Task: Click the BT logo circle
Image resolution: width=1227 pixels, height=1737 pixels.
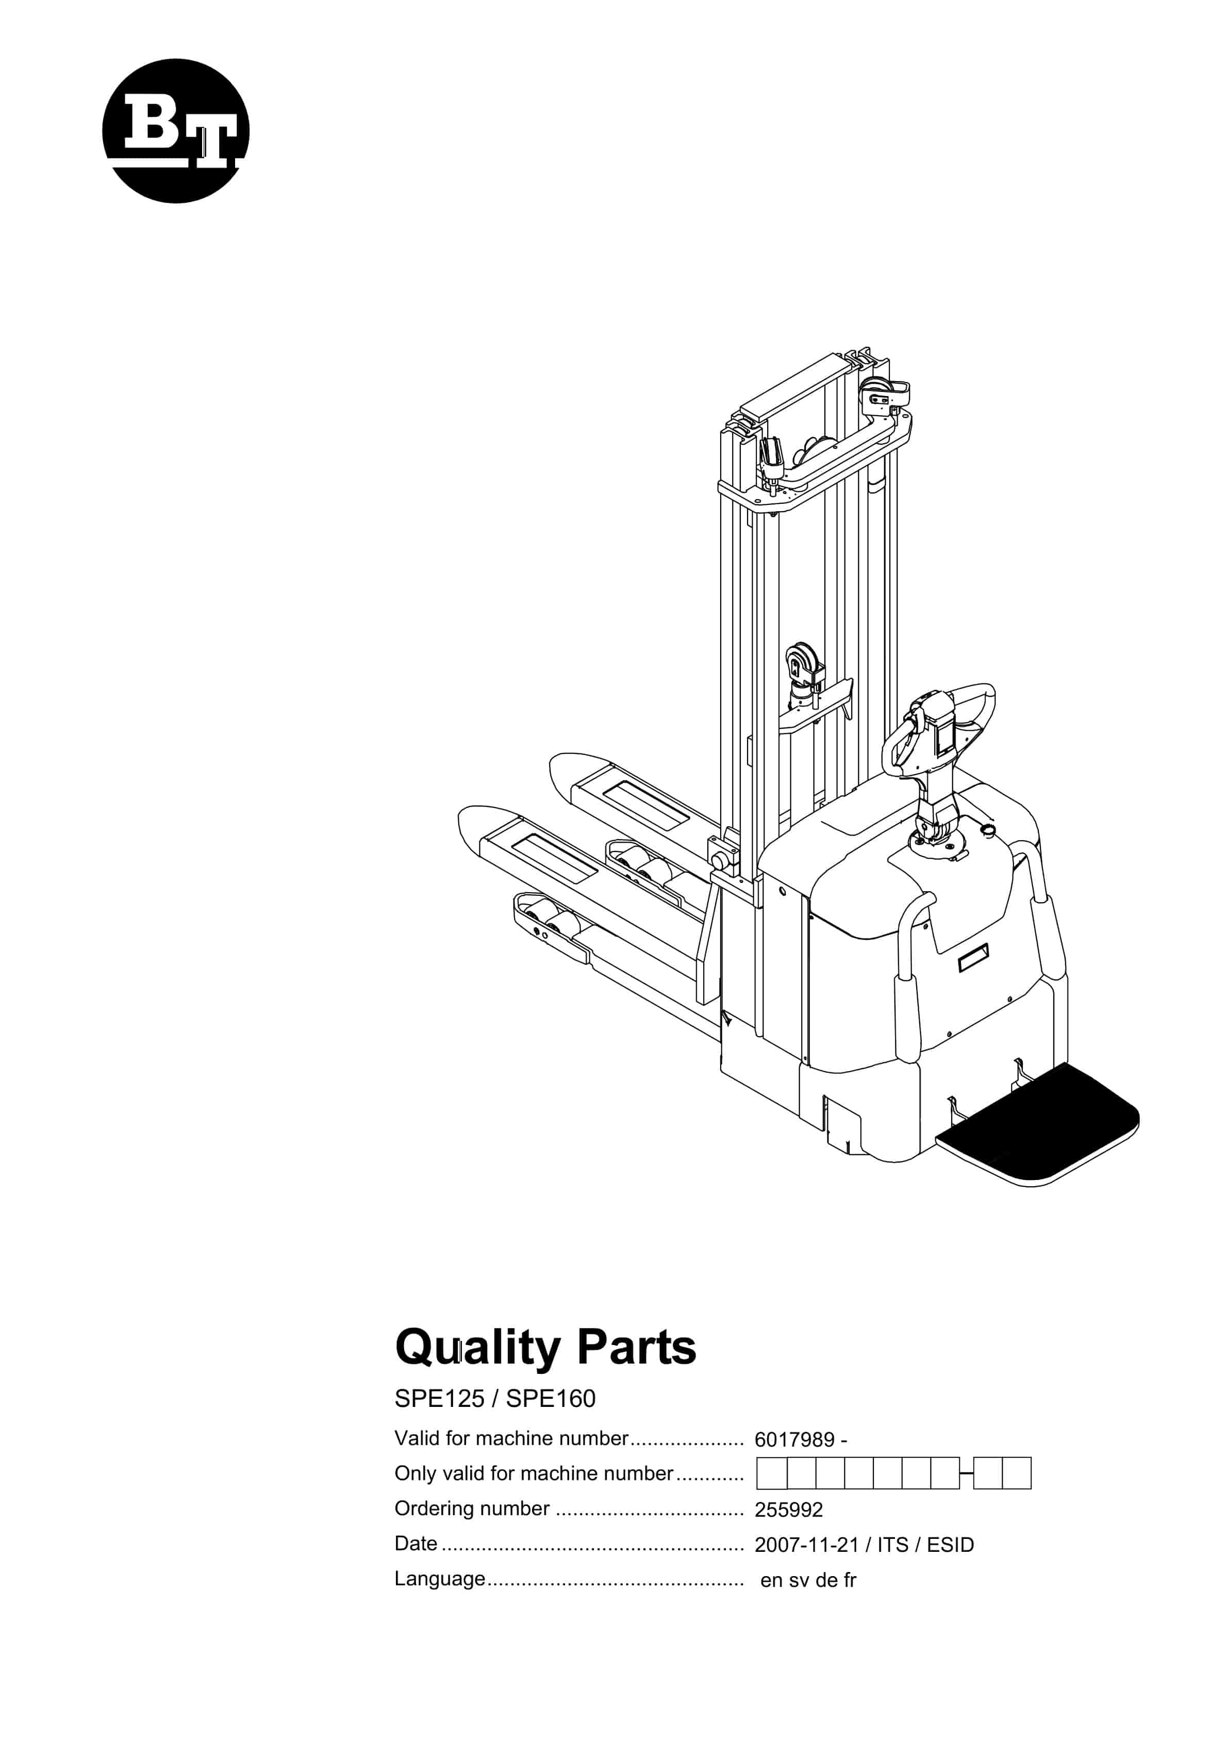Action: tap(175, 131)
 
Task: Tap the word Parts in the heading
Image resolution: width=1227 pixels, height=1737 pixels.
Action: tap(636, 1348)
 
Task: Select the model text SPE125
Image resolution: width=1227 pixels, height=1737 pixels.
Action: tap(439, 1399)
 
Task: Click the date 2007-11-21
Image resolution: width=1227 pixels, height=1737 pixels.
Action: tap(806, 1545)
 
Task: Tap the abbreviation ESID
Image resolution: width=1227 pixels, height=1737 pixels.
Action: tap(950, 1545)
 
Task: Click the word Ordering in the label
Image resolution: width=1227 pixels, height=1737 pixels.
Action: tap(434, 1509)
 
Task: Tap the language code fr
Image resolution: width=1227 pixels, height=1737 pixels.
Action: tap(850, 1580)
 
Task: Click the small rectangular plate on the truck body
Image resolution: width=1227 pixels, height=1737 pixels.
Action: tap(973, 958)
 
